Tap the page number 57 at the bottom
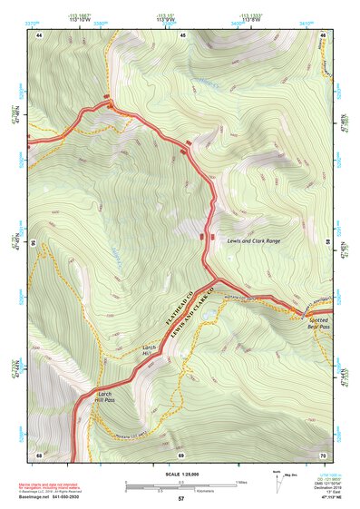180,500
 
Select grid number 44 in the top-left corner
39,35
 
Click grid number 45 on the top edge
181,35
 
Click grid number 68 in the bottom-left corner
39,454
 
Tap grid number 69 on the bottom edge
181,454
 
